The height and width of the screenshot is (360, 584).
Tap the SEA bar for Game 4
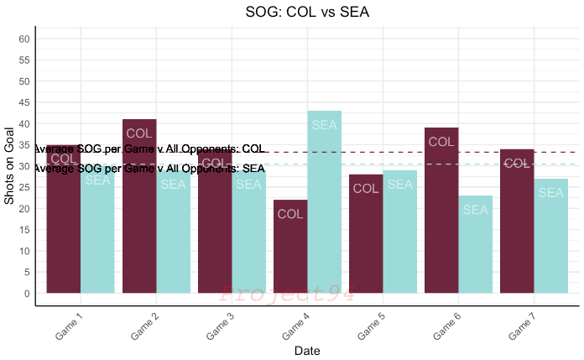pyautogui.click(x=324, y=201)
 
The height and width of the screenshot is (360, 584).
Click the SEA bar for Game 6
pyautogui.click(x=475, y=244)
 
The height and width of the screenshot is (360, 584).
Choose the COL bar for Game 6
pyautogui.click(x=441, y=210)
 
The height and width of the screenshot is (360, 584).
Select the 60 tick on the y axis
pyautogui.click(x=25, y=39)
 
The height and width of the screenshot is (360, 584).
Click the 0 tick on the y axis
pyautogui.click(x=28, y=293)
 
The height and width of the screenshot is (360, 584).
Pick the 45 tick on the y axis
pyautogui.click(x=25, y=102)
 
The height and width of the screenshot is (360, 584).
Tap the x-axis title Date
pyautogui.click(x=307, y=351)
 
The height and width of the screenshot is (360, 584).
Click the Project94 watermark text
pyautogui.click(x=287, y=294)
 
